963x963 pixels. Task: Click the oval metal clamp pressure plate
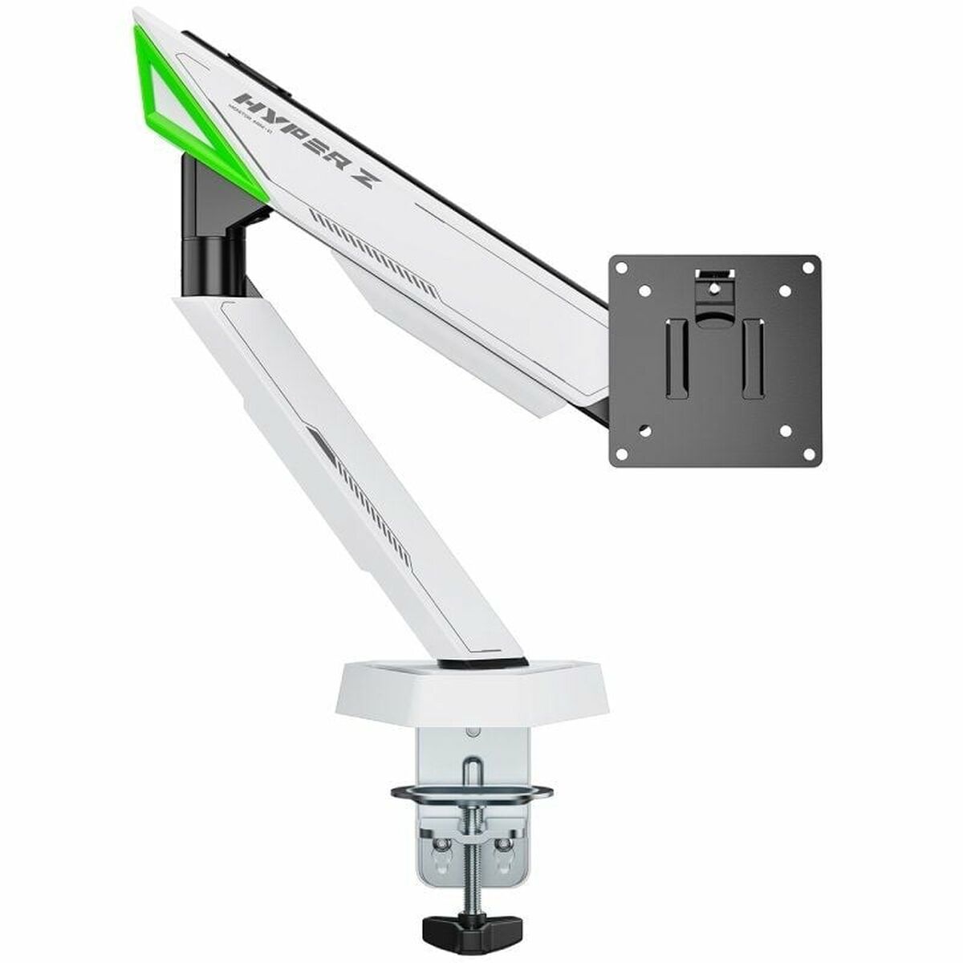click(x=472, y=794)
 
